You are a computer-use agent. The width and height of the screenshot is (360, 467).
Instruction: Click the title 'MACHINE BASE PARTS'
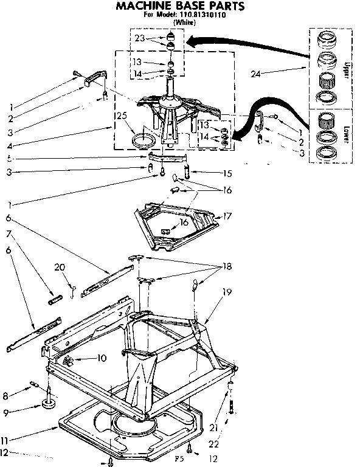pos(180,7)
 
